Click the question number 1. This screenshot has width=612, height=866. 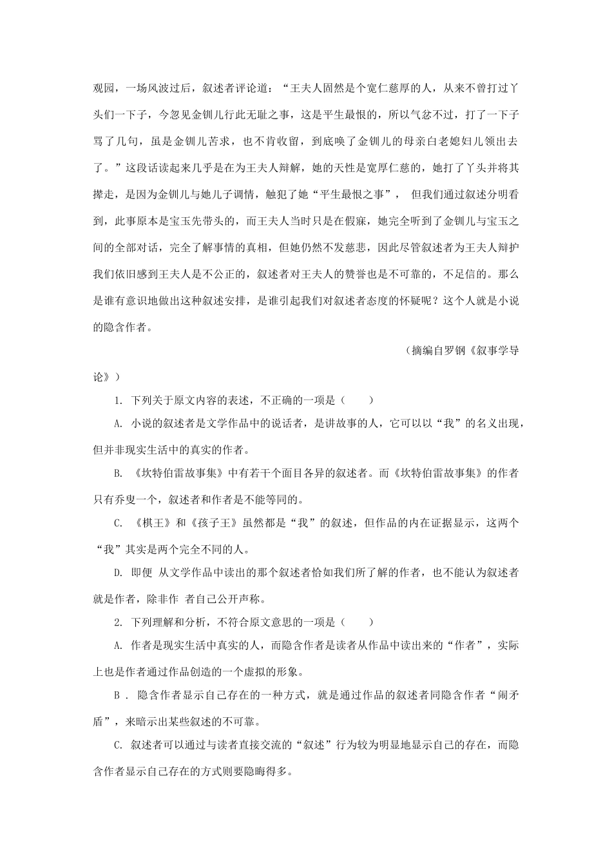tap(118, 401)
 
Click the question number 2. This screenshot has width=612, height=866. tap(118, 622)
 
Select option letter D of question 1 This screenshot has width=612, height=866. tap(118, 573)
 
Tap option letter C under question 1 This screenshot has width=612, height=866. tap(118, 524)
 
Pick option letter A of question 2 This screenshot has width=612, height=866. tap(118, 646)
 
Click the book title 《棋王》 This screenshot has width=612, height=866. tap(153, 524)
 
